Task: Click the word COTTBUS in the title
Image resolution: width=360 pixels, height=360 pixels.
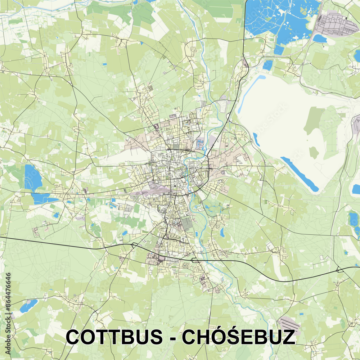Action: tap(114, 337)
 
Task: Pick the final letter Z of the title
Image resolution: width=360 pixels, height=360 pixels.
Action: tap(288, 337)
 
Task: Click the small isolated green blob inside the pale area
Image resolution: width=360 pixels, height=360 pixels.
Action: tap(314, 153)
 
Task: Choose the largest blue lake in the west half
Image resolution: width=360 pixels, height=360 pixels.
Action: tap(33, 178)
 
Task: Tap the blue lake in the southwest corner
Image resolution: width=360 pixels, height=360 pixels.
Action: tap(28, 306)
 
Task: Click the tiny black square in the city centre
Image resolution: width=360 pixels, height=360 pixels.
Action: tap(175, 186)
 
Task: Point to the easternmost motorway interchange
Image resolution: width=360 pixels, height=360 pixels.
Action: tap(339, 270)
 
